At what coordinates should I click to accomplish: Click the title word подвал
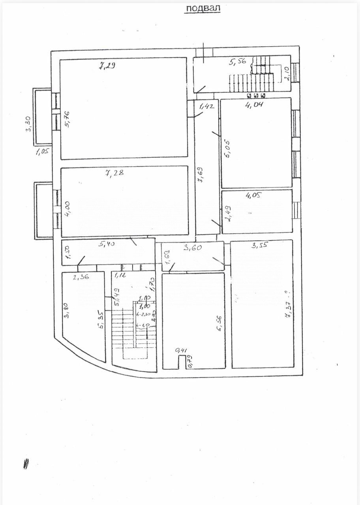(202, 8)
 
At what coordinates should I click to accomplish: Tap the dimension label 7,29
(107, 66)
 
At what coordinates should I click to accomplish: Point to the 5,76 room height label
(67, 119)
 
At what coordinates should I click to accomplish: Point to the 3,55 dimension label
(259, 245)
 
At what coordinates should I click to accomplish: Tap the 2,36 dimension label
(81, 277)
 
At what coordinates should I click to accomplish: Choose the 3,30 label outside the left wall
(29, 124)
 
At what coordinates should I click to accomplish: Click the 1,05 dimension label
(41, 151)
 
